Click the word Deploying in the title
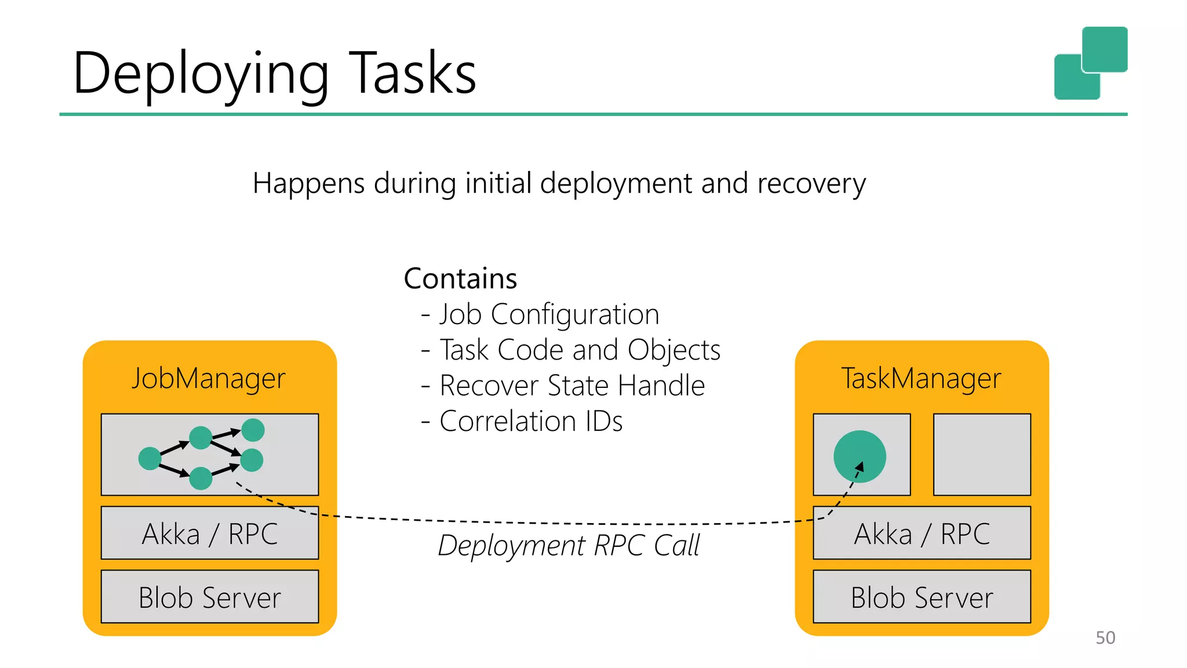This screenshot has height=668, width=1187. click(201, 74)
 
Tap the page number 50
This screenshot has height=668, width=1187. click(1105, 637)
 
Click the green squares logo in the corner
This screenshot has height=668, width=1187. click(1090, 63)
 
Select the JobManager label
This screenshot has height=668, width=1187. click(209, 379)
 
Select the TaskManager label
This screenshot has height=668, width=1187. click(921, 379)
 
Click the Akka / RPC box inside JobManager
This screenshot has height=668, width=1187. click(210, 533)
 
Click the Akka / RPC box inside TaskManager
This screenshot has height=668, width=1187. click(922, 533)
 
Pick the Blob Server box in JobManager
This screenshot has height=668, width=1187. click(210, 597)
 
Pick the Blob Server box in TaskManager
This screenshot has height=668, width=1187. click(922, 597)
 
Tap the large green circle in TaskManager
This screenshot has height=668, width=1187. click(859, 456)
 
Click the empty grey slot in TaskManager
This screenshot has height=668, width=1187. click(982, 455)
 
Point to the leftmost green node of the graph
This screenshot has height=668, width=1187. click(150, 458)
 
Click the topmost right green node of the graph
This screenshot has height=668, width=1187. click(253, 430)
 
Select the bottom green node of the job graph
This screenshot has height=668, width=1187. click(201, 478)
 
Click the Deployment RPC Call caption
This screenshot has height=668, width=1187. click(569, 546)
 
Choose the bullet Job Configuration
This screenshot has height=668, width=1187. click(548, 315)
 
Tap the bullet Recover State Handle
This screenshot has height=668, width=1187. click(571, 386)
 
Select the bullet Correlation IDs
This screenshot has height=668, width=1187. click(530, 422)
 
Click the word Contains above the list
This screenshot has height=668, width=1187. click(460, 279)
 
